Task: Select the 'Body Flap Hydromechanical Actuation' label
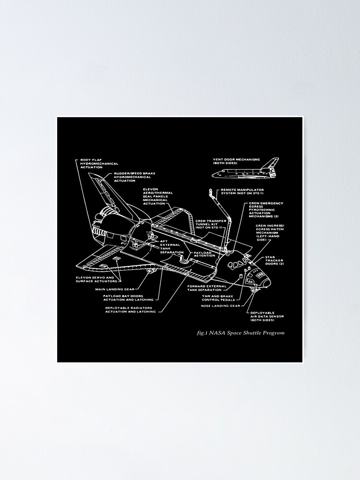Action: pyautogui.click(x=99, y=164)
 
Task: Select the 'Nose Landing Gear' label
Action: pyautogui.click(x=220, y=305)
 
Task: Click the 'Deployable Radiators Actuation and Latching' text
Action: pyautogui.click(x=130, y=310)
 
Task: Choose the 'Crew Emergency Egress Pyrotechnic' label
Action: pyautogui.click(x=266, y=210)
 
